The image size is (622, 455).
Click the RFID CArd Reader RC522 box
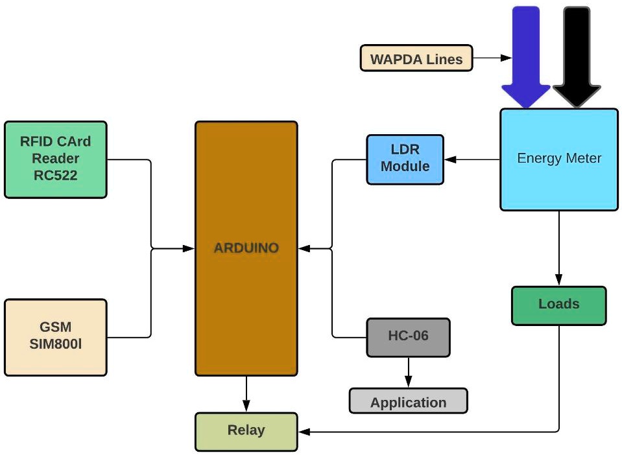(x=55, y=159)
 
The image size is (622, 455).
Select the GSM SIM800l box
(x=55, y=337)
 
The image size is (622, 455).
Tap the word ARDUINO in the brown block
(x=246, y=248)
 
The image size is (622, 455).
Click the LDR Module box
(x=405, y=159)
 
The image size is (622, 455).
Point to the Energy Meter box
(x=558, y=159)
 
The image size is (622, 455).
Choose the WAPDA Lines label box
(x=416, y=58)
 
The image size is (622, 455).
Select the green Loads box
(x=558, y=305)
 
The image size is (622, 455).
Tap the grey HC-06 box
(x=408, y=337)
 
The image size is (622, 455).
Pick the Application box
(x=408, y=401)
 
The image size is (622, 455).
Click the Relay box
(x=246, y=431)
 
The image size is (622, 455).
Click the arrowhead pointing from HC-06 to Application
(x=408, y=383)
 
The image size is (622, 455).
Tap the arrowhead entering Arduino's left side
(x=189, y=248)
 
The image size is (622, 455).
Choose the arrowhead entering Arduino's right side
(x=304, y=248)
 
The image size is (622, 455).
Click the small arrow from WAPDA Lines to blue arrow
(x=507, y=58)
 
